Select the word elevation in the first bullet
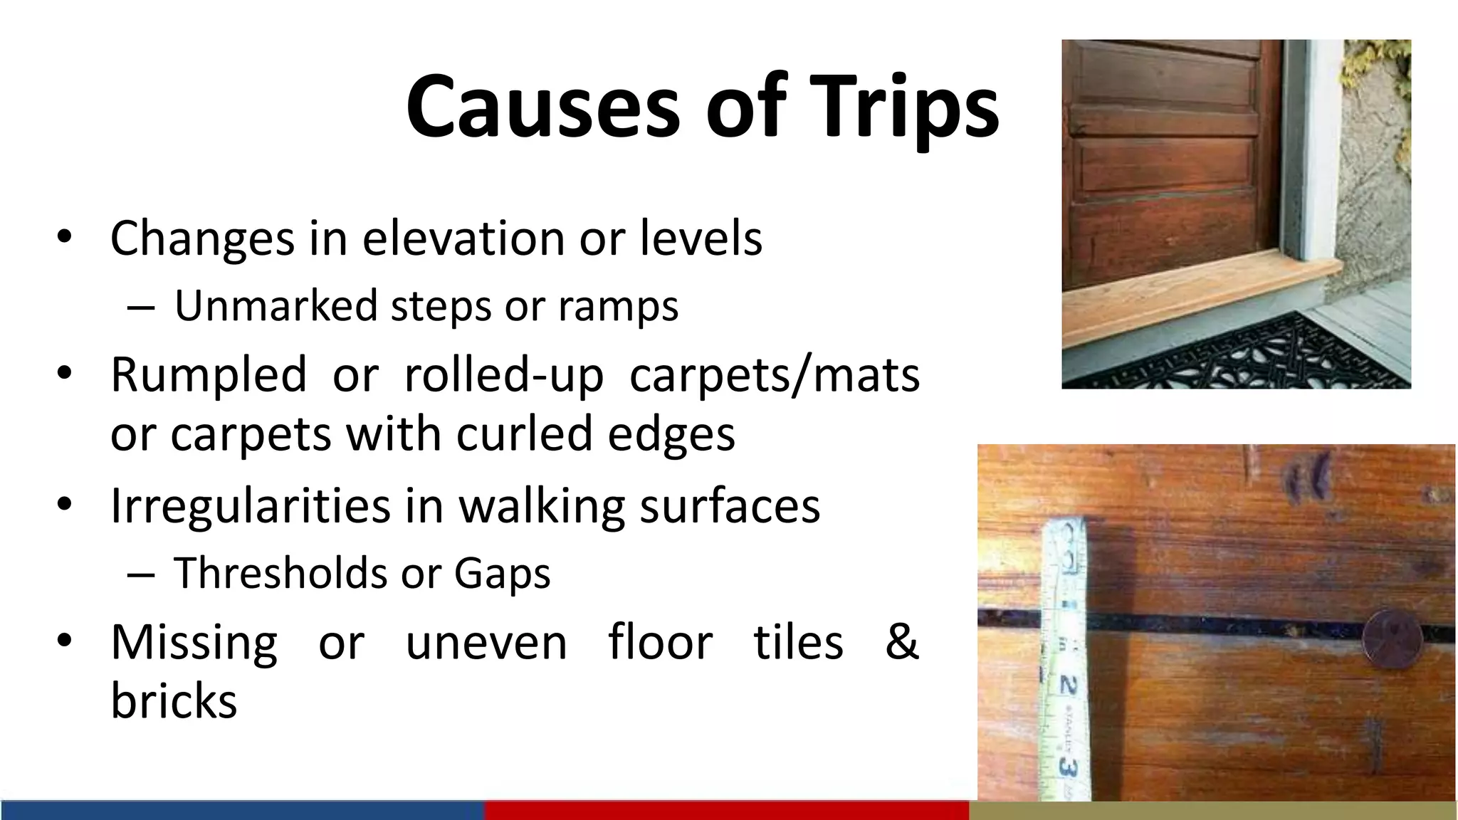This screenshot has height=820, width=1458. (463, 238)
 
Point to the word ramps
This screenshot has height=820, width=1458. (618, 306)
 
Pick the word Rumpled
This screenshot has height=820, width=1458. (209, 374)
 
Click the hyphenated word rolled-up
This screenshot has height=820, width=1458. (503, 374)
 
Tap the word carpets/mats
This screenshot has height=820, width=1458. (775, 374)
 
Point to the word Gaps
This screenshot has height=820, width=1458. (502, 572)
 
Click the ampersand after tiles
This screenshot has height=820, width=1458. (901, 641)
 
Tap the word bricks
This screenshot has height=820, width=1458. (174, 700)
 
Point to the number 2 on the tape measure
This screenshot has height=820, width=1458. (1068, 685)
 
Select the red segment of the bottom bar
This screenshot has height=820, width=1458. (726, 810)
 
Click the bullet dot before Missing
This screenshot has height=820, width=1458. (64, 641)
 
